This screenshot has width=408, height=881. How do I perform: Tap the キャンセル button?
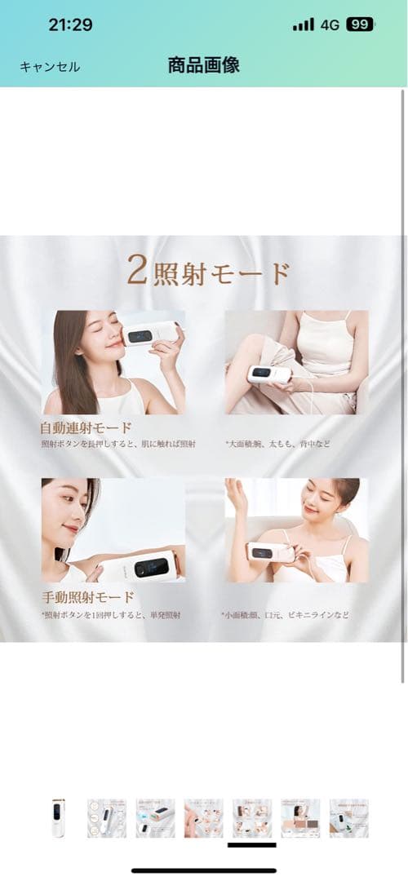coord(50,67)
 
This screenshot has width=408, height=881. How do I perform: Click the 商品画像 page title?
coord(203,66)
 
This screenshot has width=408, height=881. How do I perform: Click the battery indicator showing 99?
coord(360,24)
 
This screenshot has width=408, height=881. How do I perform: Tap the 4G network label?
coord(330,24)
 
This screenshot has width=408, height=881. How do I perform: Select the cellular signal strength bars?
coord(304,24)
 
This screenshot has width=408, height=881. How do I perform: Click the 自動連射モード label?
coord(86,427)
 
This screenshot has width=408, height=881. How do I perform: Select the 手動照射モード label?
coord(86,595)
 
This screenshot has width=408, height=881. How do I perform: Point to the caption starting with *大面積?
coord(277,444)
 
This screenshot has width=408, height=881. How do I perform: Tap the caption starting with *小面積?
coord(286,613)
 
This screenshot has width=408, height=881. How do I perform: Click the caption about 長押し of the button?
coord(118,444)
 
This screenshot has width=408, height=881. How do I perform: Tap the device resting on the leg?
coord(269,374)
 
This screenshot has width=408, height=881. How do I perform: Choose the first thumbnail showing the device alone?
coord(58,817)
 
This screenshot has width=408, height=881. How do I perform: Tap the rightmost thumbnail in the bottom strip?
coord(348,817)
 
